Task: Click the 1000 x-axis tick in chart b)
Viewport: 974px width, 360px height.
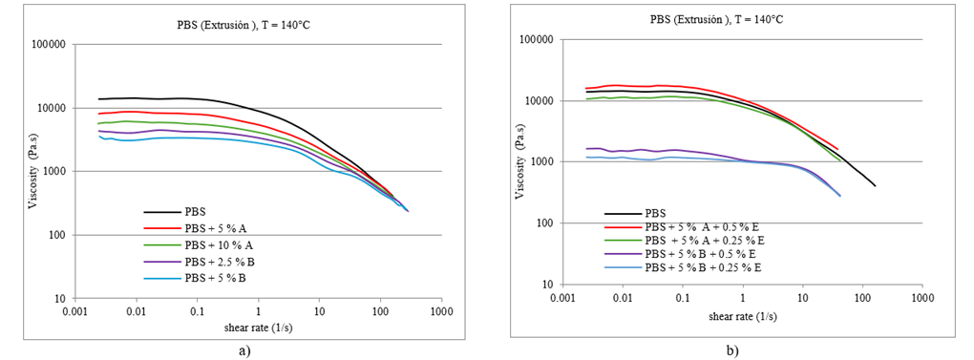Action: (x=921, y=300)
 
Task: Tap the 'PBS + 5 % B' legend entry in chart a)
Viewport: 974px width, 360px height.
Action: (x=215, y=278)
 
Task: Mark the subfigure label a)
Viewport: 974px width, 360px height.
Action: (x=244, y=349)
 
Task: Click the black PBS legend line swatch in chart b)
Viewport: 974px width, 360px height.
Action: (x=623, y=213)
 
